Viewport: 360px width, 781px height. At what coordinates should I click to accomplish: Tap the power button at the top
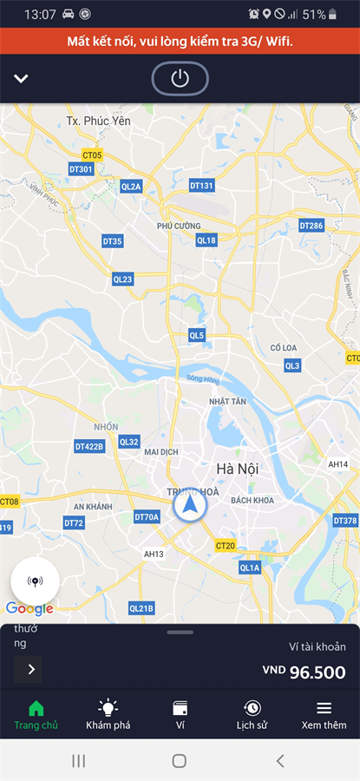pos(180,79)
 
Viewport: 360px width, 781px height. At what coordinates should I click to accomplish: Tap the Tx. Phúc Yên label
pos(98,121)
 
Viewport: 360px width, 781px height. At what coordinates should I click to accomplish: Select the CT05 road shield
pos(91,155)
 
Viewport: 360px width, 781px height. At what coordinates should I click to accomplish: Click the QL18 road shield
pos(206,240)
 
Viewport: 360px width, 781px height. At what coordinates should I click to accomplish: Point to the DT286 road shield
pos(311,226)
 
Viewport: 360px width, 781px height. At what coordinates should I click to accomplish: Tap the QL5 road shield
pos(197,335)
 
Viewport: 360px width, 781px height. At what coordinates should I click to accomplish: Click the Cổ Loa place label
pos(284,348)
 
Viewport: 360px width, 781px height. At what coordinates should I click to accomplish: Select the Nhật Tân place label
pos(228,402)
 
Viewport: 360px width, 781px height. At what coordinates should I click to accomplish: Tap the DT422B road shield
pos(89,446)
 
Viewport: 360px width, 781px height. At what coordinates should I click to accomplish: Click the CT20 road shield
pos(226,545)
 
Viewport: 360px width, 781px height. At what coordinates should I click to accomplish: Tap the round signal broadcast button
pos(35,581)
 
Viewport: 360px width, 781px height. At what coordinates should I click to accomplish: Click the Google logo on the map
pos(29,608)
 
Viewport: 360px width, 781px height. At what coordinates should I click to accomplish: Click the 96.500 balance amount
pos(317,673)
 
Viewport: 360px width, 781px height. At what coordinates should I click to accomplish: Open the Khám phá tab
pos(108,714)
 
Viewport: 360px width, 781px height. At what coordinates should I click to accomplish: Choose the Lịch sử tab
pos(252,714)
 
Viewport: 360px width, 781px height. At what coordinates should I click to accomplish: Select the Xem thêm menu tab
pos(324,714)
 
